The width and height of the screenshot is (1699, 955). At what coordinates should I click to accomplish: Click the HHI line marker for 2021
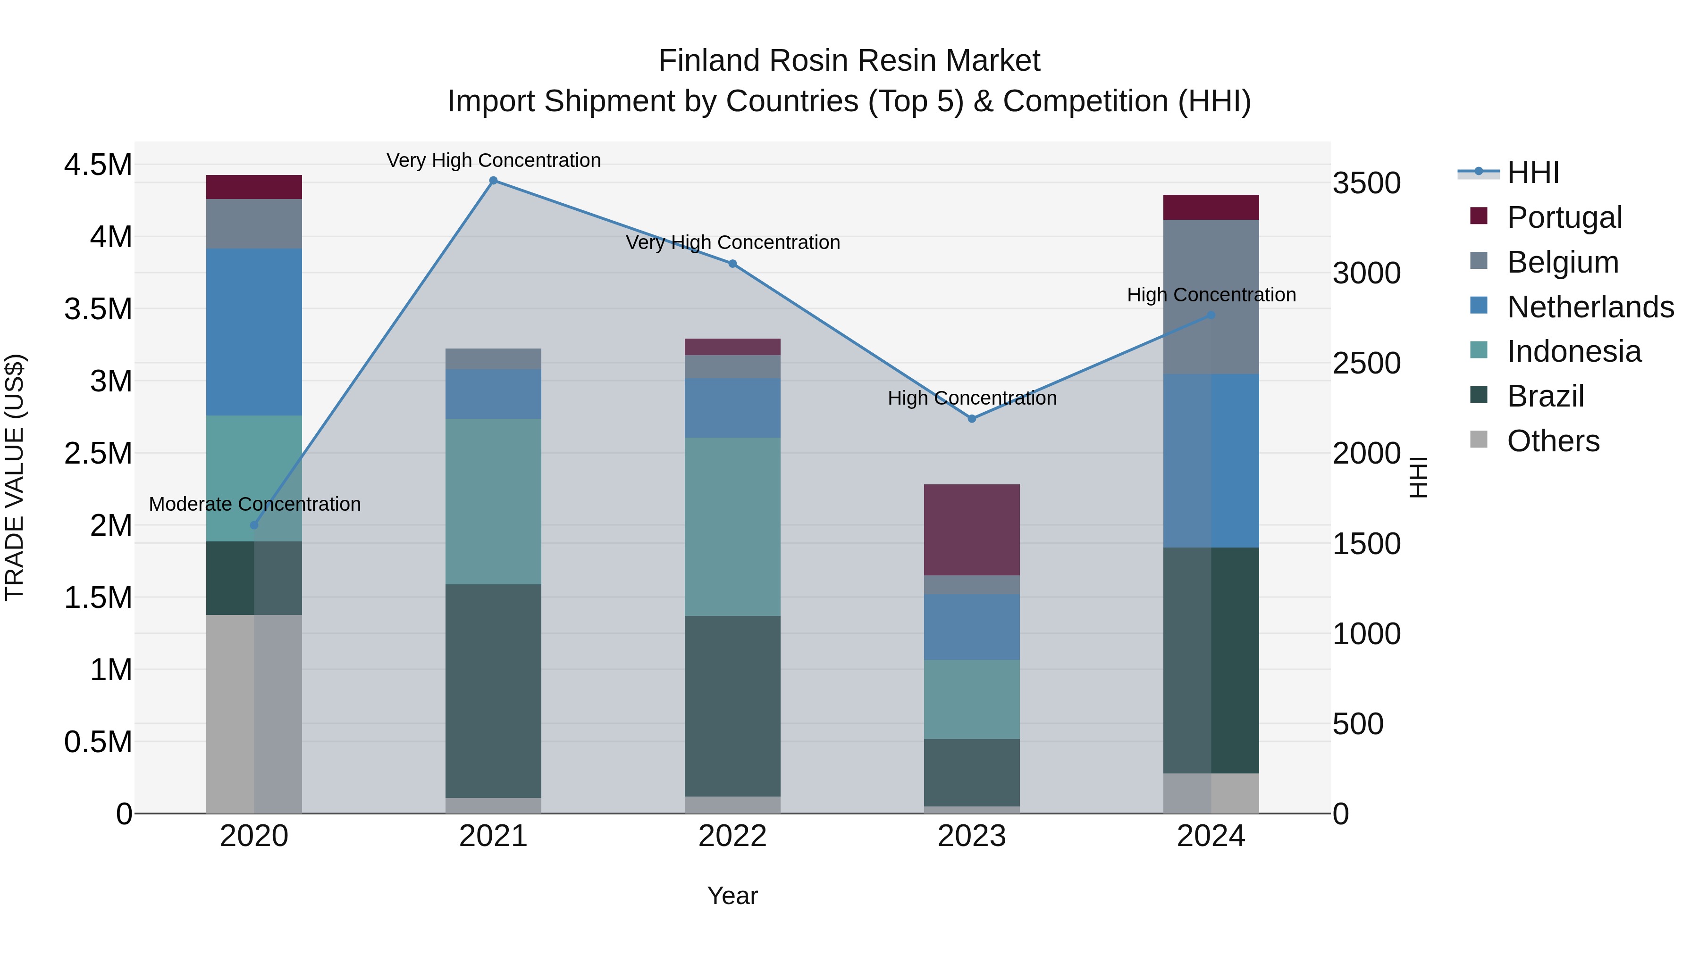[x=493, y=181]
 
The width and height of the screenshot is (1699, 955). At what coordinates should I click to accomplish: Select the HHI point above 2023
[x=972, y=418]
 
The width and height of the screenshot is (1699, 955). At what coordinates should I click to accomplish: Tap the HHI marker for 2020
[x=254, y=525]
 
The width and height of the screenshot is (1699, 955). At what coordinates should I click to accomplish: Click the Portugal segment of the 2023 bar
[x=972, y=530]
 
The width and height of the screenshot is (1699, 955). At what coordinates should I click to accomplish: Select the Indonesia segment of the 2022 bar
[x=732, y=527]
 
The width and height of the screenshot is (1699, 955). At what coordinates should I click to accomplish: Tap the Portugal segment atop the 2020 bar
[x=254, y=187]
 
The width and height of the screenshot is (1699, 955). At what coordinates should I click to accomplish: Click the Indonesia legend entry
[x=1573, y=351]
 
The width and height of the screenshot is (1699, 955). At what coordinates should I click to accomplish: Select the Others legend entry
[x=1553, y=441]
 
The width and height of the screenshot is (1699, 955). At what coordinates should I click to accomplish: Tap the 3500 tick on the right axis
[x=1367, y=183]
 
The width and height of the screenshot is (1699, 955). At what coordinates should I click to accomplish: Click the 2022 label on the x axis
[x=732, y=836]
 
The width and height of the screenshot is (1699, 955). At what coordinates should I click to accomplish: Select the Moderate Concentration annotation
[x=254, y=504]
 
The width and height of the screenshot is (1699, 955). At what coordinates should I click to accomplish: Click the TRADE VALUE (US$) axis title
[x=15, y=477]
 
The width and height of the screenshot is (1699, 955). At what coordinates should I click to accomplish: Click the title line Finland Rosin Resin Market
[x=849, y=61]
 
